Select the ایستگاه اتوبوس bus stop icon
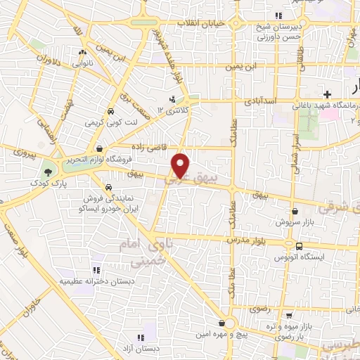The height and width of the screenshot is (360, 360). click(x=300, y=247)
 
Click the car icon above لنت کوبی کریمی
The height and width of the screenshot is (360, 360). click(x=110, y=112)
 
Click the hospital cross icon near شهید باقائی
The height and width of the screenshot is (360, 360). click(x=327, y=94)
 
